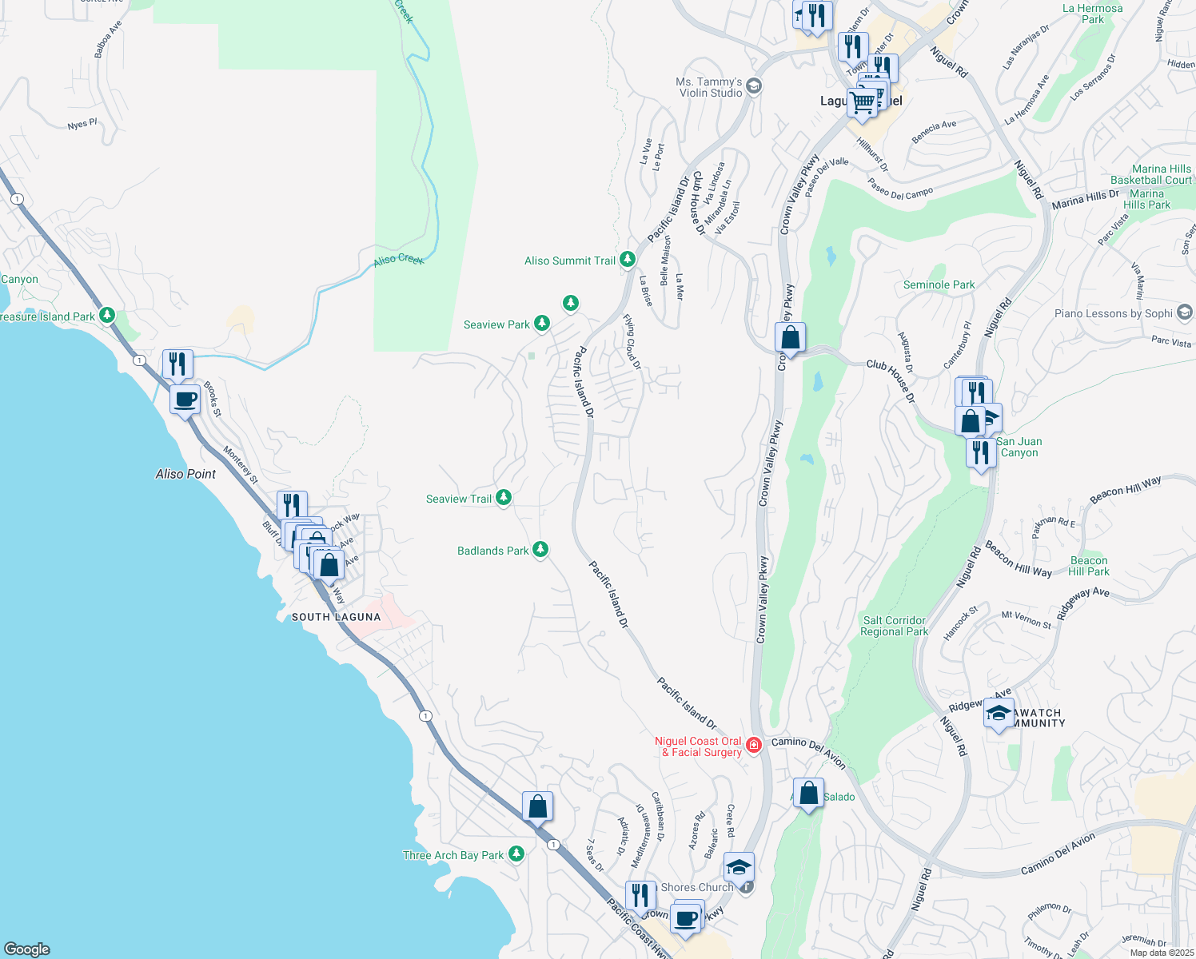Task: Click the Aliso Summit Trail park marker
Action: (627, 260)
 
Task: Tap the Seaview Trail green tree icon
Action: (503, 498)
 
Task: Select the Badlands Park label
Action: (492, 551)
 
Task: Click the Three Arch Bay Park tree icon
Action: (516, 854)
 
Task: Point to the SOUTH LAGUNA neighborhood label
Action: (336, 617)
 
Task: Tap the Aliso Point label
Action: (185, 474)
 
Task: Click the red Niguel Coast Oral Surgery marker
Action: (753, 746)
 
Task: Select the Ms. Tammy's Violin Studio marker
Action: (754, 86)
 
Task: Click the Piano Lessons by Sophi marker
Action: (1185, 312)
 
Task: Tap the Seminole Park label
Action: (939, 285)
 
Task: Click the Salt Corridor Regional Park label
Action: (894, 626)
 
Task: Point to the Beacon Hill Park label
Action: (1088, 566)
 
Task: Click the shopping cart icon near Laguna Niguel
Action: (863, 103)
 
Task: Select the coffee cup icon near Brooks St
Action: (185, 399)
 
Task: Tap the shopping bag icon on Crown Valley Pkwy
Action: (790, 338)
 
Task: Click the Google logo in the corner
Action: (26, 949)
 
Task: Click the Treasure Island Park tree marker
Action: (107, 316)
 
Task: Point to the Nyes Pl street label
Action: (82, 125)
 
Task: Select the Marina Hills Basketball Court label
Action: (1150, 174)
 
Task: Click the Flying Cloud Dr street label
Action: (632, 342)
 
